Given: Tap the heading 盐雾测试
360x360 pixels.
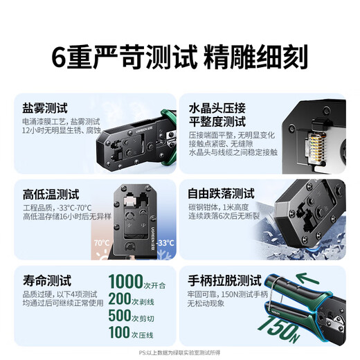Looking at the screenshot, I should pos(45,108).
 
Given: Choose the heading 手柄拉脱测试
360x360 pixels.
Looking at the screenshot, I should pos(225,281).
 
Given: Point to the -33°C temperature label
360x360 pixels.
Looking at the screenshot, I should pos(165,244).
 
